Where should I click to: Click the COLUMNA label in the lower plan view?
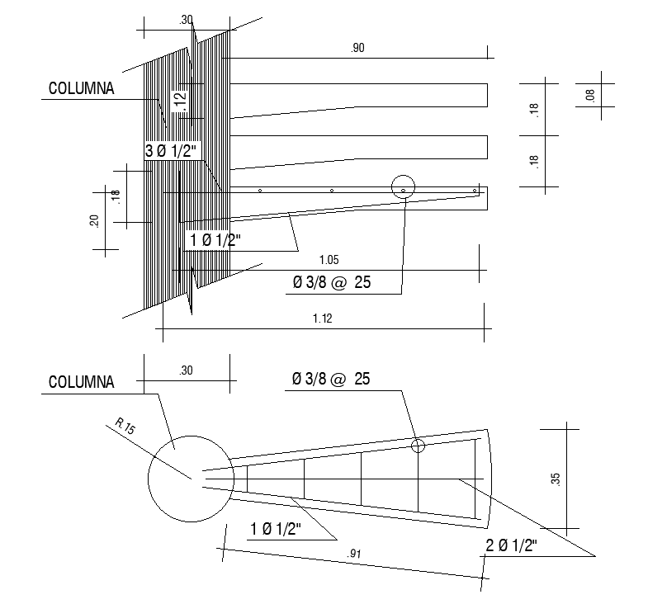[x=81, y=382]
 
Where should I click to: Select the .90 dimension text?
[x=357, y=49]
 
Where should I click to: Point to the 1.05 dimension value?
[x=329, y=260]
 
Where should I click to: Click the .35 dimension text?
[x=556, y=479]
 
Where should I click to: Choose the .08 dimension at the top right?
[x=589, y=96]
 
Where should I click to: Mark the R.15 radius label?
[x=125, y=427]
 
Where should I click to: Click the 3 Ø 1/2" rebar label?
[x=174, y=151]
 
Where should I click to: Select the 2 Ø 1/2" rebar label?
[x=511, y=545]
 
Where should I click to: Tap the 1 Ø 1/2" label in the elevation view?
[x=215, y=240]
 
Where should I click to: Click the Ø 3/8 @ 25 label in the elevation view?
[x=331, y=283]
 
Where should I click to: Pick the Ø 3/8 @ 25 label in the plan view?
[x=331, y=380]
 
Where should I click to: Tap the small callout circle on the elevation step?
[x=403, y=187]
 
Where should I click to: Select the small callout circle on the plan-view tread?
[x=419, y=446]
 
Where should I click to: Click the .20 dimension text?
[x=95, y=221]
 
